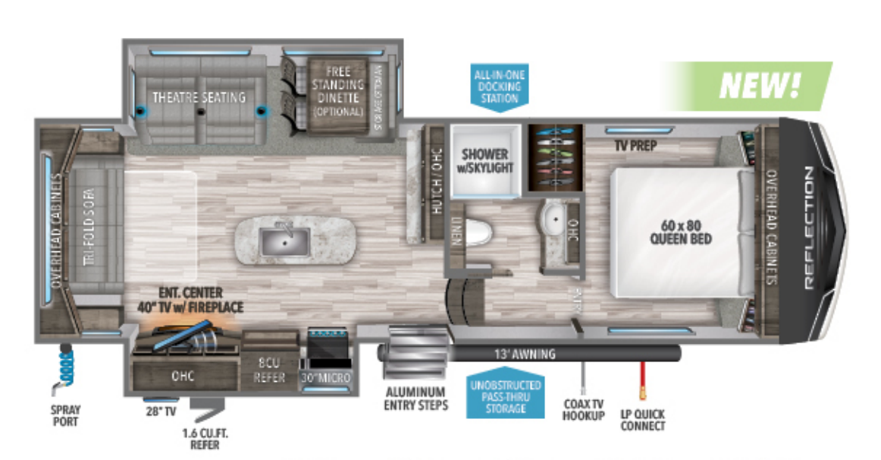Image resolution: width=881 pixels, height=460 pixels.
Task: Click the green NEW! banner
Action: (x=747, y=85)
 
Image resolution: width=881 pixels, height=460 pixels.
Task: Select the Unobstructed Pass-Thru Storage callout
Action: (x=506, y=393)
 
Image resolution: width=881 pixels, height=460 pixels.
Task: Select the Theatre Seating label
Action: (x=199, y=97)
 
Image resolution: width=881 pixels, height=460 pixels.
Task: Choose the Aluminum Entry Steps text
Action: (x=415, y=399)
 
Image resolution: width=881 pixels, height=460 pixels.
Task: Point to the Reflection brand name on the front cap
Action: (x=809, y=228)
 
